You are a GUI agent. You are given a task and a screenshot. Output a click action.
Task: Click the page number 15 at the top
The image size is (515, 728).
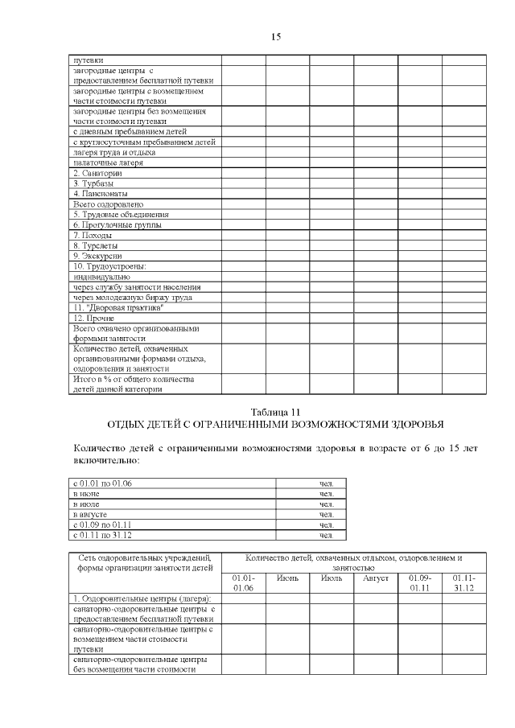pos(275,37)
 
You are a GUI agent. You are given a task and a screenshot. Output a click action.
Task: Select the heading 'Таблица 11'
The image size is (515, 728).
pos(274,410)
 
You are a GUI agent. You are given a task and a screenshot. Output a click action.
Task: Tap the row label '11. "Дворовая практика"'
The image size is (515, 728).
pos(118,308)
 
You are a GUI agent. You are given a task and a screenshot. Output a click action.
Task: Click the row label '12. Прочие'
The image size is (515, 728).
pos(93,319)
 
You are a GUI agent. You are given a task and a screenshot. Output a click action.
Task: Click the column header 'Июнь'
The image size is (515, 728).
pos(288,578)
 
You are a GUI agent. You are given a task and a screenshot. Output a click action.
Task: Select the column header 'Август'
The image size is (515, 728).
pos(376,578)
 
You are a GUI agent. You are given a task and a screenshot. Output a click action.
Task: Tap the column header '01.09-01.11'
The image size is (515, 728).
pos(419,583)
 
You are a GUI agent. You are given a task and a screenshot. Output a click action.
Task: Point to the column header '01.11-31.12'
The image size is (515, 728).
pos(463,583)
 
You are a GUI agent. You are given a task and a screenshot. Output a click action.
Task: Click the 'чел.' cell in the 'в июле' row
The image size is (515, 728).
pos(326,504)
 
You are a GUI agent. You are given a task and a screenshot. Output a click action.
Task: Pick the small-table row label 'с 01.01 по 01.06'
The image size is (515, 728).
pos(102,483)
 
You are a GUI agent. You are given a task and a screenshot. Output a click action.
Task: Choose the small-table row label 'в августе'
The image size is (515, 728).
pos(90,514)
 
